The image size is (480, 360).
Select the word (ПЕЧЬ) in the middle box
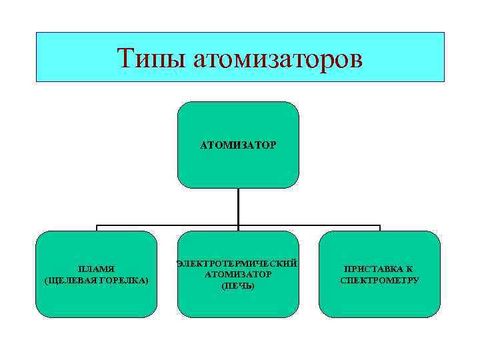238,285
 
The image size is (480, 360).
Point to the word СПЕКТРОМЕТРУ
379,280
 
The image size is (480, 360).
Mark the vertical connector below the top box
238,207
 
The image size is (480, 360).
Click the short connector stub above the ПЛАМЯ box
97,228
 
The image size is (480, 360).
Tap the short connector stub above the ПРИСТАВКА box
379,228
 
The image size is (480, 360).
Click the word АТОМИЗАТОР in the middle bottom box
238,274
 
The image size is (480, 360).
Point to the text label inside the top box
238,144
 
